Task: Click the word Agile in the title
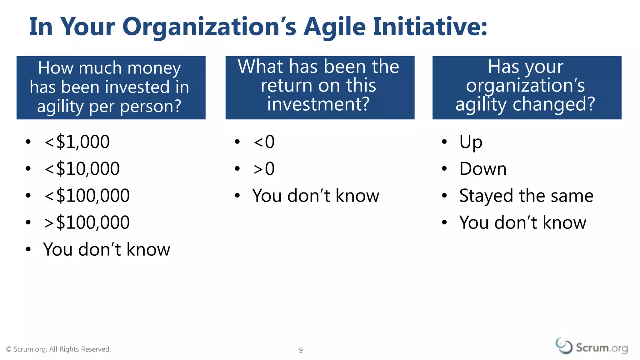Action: pos(334,27)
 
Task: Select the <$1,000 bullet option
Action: pos(77,142)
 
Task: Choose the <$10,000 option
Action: pos(82,169)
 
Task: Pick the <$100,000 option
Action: pos(87,196)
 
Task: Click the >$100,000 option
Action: pos(87,222)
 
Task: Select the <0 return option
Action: pos(264,142)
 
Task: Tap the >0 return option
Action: pos(264,169)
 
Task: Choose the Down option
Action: pos(483,169)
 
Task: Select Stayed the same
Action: pos(526,196)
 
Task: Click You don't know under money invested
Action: pos(107,249)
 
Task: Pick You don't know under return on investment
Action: pos(316,196)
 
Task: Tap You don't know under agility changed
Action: pos(522,222)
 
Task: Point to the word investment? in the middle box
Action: pos(318,104)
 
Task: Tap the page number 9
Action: pos(301,350)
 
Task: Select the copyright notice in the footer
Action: pos(58,349)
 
